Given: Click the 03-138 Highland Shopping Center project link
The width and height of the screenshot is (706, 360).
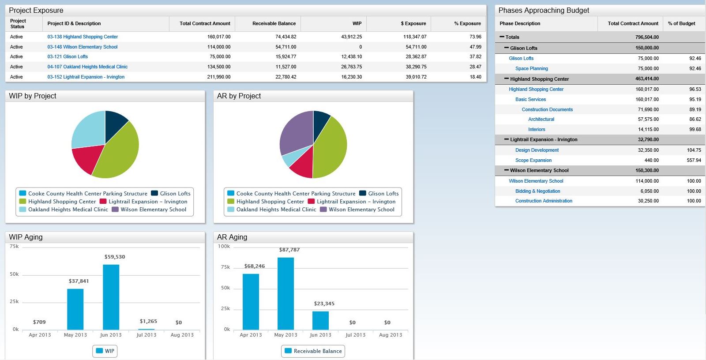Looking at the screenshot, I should (x=83, y=37).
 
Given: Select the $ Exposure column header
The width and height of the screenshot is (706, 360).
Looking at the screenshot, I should (x=413, y=23).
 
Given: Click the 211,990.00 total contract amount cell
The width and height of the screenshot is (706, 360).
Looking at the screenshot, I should (x=218, y=77).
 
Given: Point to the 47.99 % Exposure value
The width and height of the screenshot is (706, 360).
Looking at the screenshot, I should (x=475, y=47).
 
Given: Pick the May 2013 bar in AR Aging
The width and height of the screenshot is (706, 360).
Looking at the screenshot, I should (x=285, y=293).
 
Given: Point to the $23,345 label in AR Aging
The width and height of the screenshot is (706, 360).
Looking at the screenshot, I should (x=324, y=304).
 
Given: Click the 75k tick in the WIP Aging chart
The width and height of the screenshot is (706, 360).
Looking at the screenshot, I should (x=14, y=247).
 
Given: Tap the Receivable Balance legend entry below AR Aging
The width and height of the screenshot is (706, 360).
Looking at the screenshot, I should (x=313, y=351).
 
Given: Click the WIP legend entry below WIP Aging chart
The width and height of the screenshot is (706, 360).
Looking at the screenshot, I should (x=105, y=351).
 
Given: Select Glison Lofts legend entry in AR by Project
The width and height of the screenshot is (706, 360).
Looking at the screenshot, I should (x=379, y=193).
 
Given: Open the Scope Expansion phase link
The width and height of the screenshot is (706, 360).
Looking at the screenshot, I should (x=533, y=160).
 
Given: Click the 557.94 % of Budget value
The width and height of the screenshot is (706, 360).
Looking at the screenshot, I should (x=694, y=160).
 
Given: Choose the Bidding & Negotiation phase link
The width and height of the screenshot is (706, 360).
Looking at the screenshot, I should (x=537, y=191).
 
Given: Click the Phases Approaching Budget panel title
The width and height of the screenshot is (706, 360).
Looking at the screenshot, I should (x=544, y=10).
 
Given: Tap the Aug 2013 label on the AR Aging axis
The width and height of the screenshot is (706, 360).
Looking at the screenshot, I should (x=391, y=335).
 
